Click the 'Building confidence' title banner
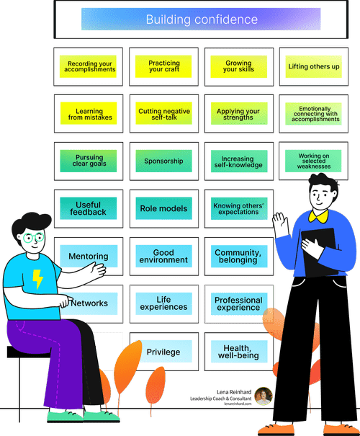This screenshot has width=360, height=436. (x=201, y=19)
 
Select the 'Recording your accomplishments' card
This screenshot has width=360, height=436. (x=88, y=66)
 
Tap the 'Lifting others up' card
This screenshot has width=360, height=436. (x=314, y=66)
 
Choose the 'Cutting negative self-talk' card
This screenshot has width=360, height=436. (x=164, y=113)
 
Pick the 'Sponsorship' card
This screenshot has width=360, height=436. (x=164, y=161)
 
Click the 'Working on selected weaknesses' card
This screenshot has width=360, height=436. (x=313, y=161)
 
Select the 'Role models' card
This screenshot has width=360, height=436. (x=164, y=208)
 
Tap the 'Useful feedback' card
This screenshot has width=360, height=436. (x=89, y=208)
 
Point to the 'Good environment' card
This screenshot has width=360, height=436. (x=164, y=256)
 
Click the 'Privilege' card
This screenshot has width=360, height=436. (x=164, y=352)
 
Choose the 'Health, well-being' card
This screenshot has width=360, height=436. (x=239, y=352)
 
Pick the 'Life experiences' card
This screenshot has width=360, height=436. (x=164, y=303)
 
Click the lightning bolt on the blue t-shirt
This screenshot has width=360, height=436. (x=37, y=279)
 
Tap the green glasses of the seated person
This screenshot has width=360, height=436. (x=33, y=238)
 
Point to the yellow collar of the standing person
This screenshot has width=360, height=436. (x=318, y=216)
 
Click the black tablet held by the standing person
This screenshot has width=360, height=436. (x=320, y=252)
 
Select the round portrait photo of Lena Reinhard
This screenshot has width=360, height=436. (x=264, y=396)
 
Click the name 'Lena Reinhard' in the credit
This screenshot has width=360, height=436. (x=234, y=392)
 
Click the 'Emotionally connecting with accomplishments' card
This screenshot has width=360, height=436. (x=314, y=114)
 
